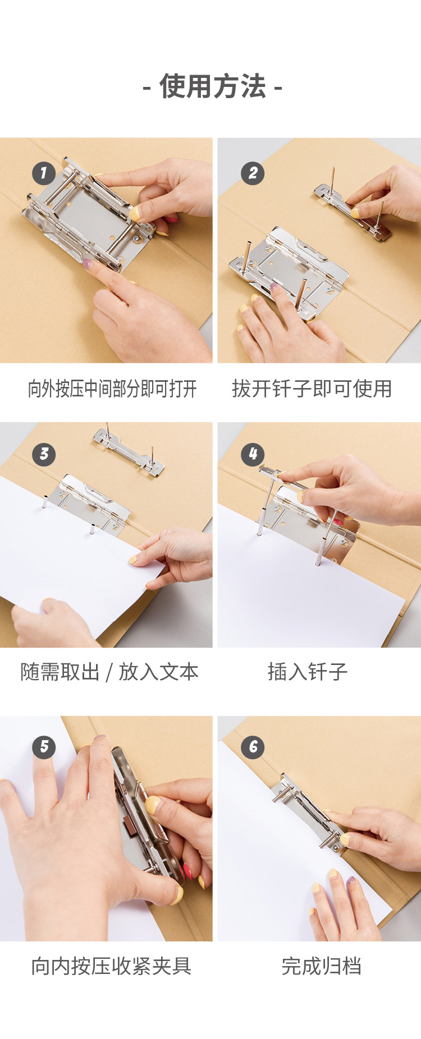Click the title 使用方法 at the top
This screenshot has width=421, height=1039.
point(212,87)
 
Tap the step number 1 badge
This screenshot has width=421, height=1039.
point(44,173)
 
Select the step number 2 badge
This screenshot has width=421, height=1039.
point(253,173)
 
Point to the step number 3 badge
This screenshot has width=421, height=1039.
point(44,454)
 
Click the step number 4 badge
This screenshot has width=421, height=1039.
point(253,454)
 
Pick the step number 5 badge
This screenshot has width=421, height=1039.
point(44,747)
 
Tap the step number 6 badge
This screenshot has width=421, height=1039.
point(253,747)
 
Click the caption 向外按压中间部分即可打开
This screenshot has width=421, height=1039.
point(112,389)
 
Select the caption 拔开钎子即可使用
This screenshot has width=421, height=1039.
point(312,389)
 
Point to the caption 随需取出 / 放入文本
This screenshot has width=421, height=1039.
point(109,672)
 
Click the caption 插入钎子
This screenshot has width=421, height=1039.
point(308,672)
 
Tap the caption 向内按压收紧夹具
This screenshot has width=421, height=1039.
point(111,966)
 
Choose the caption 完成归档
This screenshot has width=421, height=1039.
point(321,966)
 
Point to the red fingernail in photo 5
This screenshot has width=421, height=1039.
point(186,872)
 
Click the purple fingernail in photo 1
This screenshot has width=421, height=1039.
point(88,263)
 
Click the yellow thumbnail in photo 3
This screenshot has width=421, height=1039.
point(134,560)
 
